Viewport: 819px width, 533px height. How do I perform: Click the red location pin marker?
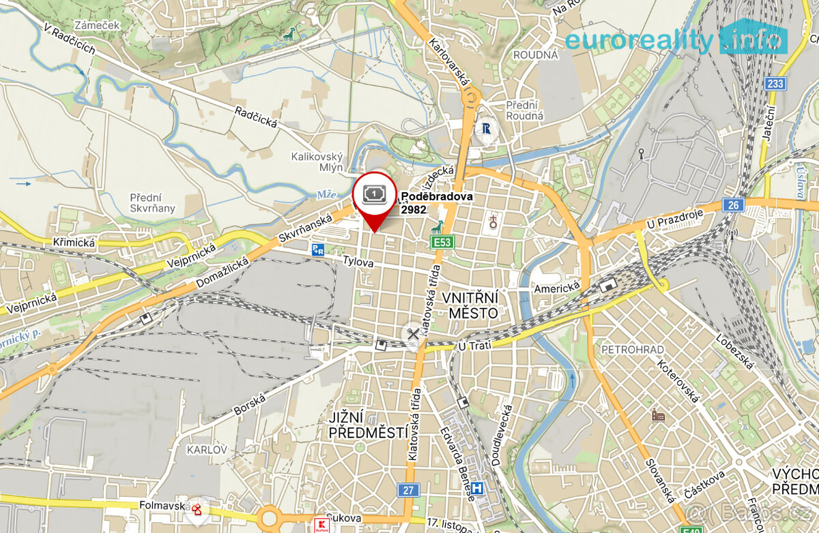tap(375, 197)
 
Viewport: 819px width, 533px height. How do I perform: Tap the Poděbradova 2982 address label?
tap(436, 203)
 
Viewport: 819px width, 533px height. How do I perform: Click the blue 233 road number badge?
tap(775, 83)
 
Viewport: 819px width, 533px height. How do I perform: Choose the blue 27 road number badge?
tap(407, 490)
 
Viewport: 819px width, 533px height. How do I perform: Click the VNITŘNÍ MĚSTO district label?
tap(470, 305)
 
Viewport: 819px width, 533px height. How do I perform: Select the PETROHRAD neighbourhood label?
tap(632, 350)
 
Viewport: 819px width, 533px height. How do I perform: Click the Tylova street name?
tap(359, 261)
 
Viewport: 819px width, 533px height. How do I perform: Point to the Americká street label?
tap(556, 288)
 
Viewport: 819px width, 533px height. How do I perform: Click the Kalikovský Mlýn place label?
tap(316, 162)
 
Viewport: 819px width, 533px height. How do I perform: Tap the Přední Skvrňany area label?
tap(152, 202)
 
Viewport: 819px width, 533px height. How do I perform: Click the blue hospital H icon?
tap(479, 488)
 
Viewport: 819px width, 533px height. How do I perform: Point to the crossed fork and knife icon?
tap(412, 333)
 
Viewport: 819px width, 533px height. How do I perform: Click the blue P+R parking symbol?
tap(318, 249)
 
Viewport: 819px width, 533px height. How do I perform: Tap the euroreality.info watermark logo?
tap(676, 40)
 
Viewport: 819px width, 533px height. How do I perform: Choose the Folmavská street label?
tap(163, 506)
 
